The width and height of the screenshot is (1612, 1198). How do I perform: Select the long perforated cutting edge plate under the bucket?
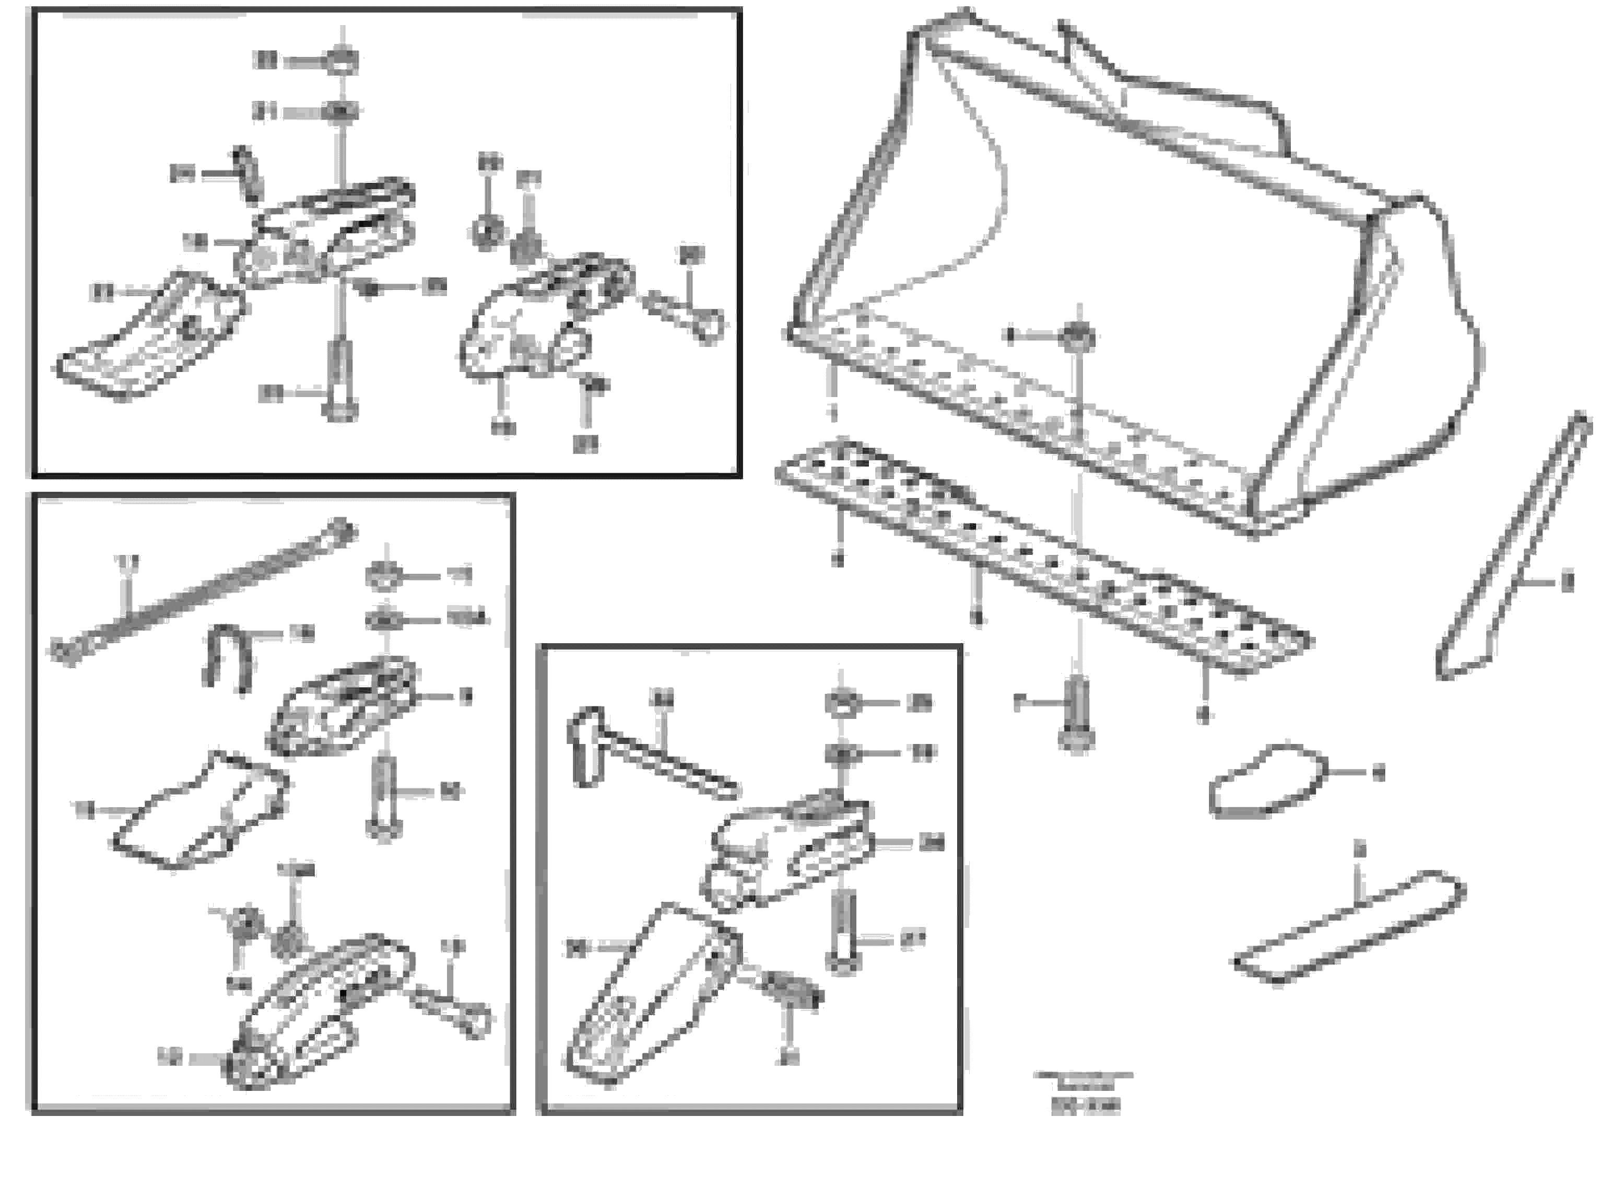tap(1044, 559)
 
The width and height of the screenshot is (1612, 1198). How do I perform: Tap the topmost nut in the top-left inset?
tap(342, 61)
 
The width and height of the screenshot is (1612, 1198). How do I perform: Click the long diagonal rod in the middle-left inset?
tap(203, 591)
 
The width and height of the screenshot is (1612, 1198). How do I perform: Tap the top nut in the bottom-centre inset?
tap(842, 703)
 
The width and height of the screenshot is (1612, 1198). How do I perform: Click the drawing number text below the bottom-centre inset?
tap(1085, 1106)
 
